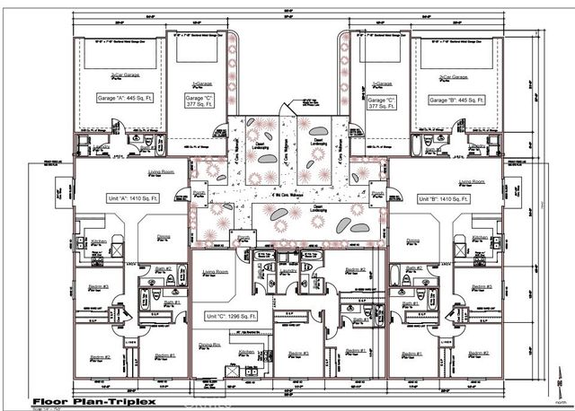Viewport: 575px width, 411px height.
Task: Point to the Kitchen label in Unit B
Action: (x=480, y=238)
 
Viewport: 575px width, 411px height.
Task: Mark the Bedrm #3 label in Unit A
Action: (x=99, y=286)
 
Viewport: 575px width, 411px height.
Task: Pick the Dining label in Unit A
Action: (x=164, y=239)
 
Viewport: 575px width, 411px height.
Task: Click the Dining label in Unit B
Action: (x=413, y=240)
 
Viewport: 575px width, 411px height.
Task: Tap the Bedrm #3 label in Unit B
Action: (x=482, y=286)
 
